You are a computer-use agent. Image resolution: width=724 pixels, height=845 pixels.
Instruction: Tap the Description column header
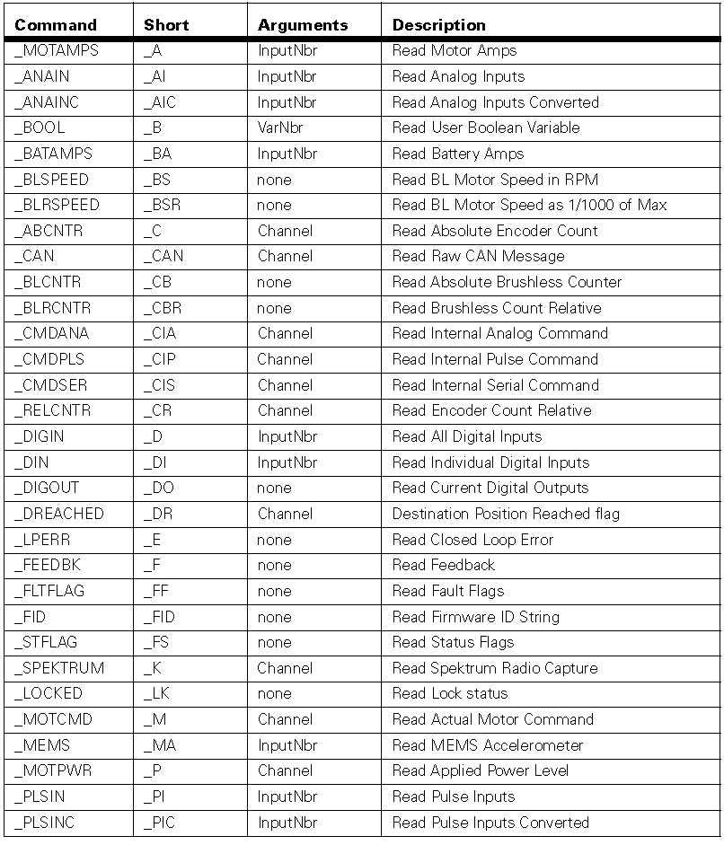point(438,24)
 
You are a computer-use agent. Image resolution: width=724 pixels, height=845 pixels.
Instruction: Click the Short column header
point(166,24)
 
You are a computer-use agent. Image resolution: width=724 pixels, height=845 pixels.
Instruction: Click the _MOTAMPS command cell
point(56,50)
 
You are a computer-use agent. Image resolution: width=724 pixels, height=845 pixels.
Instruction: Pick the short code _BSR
point(162,205)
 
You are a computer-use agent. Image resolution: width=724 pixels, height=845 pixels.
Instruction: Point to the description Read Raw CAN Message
point(478,256)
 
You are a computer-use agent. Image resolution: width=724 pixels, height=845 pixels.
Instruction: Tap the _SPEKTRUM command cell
point(58,668)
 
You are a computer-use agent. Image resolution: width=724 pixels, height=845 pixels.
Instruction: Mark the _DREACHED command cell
point(58,514)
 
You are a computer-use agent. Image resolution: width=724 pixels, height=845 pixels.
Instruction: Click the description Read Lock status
point(449,693)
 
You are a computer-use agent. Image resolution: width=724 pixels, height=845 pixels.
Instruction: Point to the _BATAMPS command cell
point(53,154)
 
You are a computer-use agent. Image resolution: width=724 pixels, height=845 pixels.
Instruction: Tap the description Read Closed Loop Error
point(472,540)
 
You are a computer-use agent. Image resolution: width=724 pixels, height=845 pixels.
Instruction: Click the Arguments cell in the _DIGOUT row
point(274,488)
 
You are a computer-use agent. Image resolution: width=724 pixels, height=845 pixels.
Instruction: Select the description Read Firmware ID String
point(475,617)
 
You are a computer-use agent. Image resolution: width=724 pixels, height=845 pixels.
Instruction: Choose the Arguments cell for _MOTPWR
point(285,770)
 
